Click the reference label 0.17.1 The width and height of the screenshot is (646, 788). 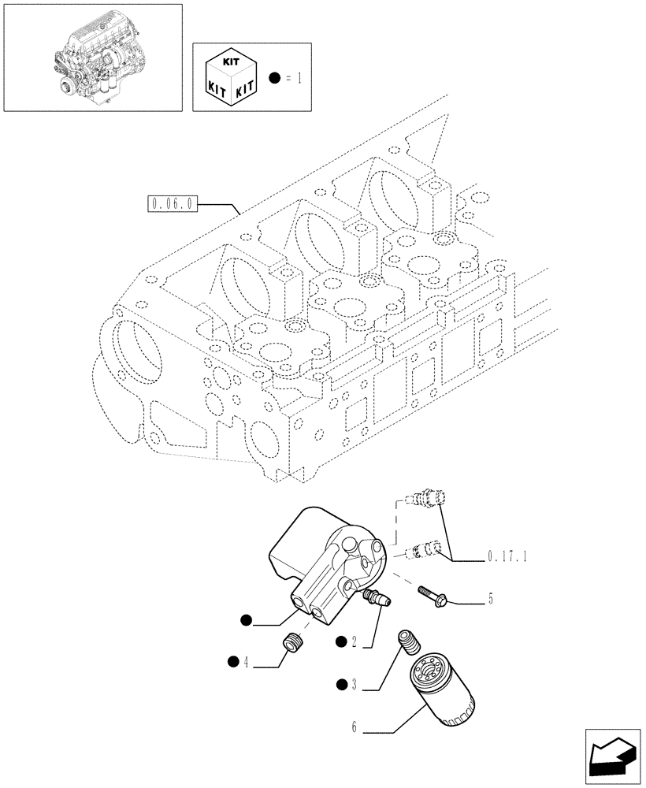[x=507, y=556]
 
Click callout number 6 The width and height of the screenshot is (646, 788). [x=355, y=728]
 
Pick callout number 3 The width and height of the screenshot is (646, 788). [x=355, y=686]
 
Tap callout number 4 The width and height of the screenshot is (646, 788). [x=247, y=663]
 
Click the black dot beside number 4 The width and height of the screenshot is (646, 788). [x=233, y=662]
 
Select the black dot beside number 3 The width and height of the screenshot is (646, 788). [x=340, y=685]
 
